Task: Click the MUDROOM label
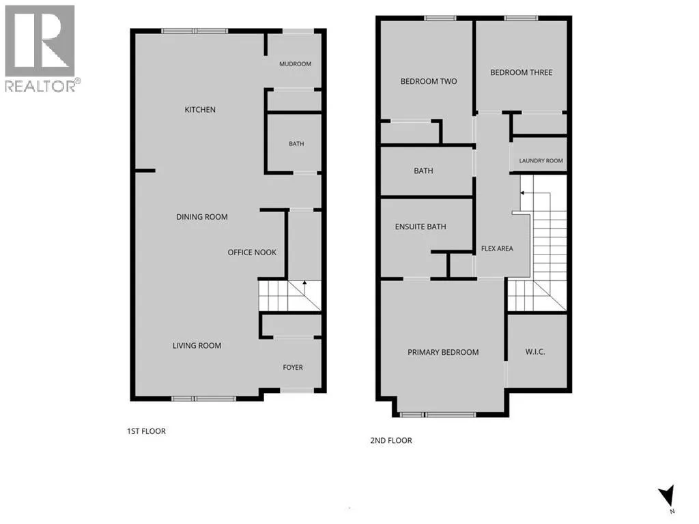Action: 295,63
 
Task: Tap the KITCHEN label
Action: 200,110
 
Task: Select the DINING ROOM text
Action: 202,217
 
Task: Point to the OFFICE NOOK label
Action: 252,252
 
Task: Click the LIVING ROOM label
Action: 197,345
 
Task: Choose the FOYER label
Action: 293,367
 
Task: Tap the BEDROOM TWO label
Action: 429,81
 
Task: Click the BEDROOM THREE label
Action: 521,72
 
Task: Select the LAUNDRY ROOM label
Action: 541,160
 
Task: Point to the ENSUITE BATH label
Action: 420,227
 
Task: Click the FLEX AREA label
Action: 497,248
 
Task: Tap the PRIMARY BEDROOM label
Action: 443,352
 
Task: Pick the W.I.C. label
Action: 535,351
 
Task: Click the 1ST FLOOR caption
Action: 146,431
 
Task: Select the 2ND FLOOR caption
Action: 391,440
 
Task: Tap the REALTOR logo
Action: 40,48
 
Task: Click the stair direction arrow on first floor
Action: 305,288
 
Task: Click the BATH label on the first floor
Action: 296,143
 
